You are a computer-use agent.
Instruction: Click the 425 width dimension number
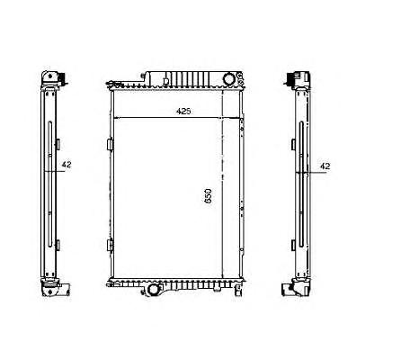pos(183,112)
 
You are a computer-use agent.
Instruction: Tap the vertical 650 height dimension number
pos(209,196)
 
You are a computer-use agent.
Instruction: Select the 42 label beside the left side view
pos(67,165)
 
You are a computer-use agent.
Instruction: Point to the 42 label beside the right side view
pos(325,166)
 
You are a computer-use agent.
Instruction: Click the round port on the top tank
pos(229,79)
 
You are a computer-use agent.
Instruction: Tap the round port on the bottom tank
pos(154,290)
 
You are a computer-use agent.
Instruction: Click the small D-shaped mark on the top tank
pos(166,81)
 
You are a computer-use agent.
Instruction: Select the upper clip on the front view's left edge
pos(111,144)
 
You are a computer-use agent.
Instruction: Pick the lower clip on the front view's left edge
pos(111,245)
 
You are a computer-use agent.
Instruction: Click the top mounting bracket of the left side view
pos(53,79)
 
